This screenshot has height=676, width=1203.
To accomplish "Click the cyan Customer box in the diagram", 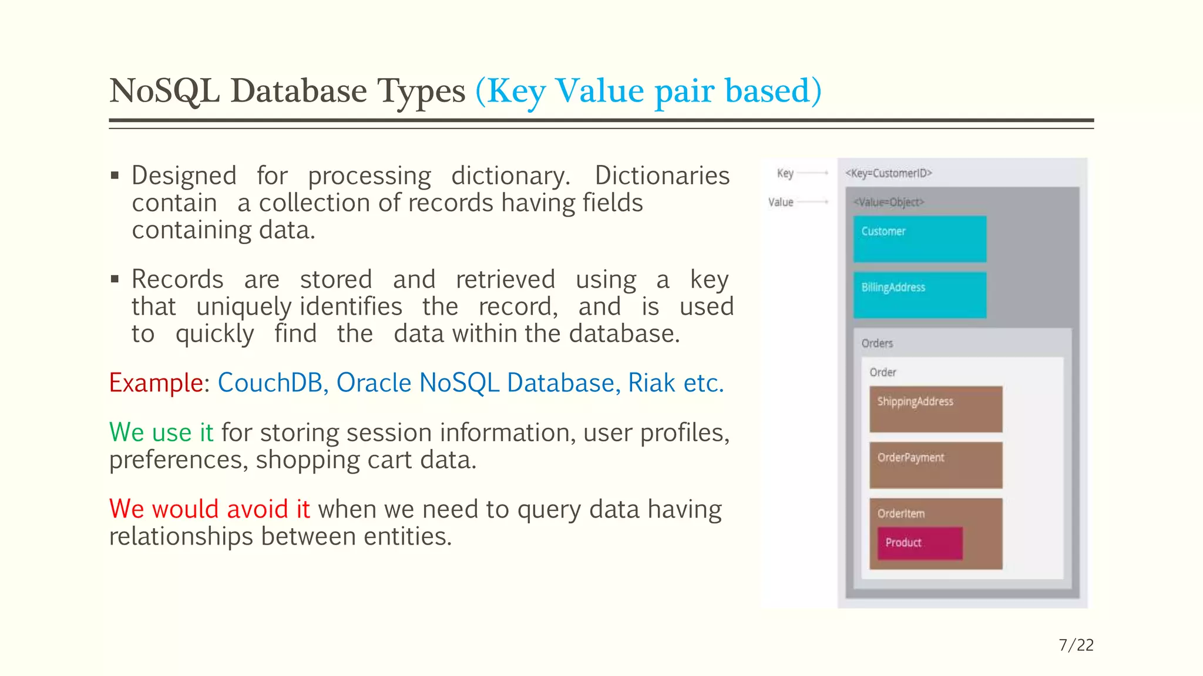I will point(919,239).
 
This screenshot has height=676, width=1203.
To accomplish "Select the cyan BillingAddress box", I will point(919,295).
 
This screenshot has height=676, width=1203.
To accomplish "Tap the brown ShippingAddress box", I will point(935,409).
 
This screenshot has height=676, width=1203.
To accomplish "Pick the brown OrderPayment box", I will point(935,465).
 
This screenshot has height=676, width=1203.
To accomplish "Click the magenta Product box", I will point(920,543).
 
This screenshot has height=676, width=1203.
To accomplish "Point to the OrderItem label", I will point(900,513).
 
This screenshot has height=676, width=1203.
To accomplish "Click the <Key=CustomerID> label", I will point(888,173).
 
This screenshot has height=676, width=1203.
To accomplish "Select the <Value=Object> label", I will point(888,202).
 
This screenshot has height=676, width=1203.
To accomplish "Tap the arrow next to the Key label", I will point(813,173).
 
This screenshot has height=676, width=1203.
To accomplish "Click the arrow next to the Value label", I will point(813,202).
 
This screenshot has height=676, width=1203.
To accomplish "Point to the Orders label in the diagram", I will point(877,343).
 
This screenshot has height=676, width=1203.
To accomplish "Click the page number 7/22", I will point(1076,645).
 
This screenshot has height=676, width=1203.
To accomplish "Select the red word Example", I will point(156,383).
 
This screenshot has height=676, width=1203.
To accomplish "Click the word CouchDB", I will point(270,383).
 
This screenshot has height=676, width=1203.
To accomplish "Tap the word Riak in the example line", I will point(651,383).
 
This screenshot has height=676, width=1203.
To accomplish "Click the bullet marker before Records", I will point(115,279).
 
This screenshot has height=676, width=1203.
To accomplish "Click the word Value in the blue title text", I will point(600,91).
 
